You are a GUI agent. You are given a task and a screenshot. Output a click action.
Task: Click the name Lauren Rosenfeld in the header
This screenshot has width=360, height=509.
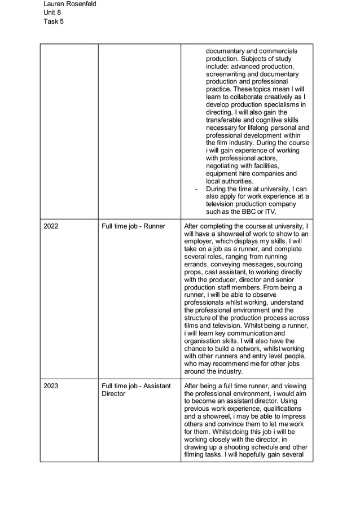[69, 4]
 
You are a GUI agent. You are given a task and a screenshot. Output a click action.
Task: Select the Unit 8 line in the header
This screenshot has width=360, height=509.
[52, 12]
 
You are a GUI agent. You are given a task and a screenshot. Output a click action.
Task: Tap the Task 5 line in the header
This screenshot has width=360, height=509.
[54, 21]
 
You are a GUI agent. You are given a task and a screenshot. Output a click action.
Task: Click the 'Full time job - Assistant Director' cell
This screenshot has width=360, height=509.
[136, 389]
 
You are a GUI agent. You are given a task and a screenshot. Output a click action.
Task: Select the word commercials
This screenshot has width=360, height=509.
[275, 51]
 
